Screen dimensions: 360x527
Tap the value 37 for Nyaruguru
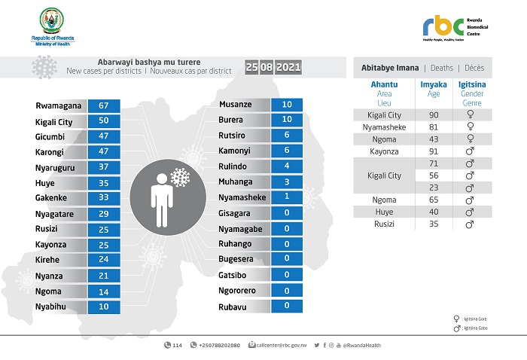coord(103,166)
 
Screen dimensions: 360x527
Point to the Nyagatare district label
coord(56,215)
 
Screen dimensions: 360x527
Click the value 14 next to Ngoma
coord(103,291)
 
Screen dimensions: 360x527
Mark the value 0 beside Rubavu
coord(286,305)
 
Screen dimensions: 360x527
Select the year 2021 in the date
coord(288,67)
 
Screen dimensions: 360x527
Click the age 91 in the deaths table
coord(433,151)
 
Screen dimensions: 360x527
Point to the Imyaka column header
coord(433,85)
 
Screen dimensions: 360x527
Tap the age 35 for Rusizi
coord(433,224)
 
